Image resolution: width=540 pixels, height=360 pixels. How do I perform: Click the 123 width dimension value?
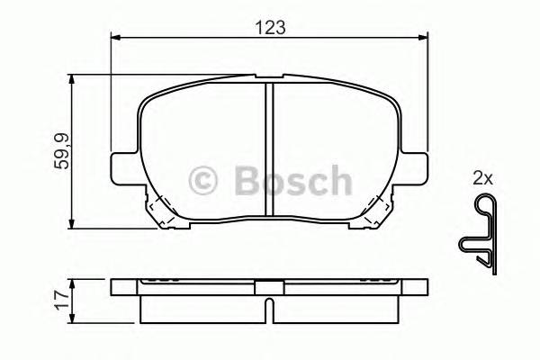(269, 27)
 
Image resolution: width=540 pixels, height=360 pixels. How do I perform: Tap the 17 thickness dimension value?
(58, 300)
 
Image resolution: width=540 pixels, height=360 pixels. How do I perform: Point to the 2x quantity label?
(482, 178)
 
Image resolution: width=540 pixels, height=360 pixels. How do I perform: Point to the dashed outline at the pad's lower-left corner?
(159, 210)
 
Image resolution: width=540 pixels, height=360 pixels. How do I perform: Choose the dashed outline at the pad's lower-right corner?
(379, 210)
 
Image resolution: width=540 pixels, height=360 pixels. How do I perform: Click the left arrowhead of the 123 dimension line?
(115, 37)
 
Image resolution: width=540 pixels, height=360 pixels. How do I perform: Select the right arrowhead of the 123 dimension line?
(423, 37)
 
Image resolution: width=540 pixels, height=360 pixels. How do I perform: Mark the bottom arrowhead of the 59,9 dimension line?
(72, 221)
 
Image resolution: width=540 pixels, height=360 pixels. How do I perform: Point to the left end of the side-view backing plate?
(115, 290)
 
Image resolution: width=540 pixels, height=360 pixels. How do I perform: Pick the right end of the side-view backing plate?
(423, 290)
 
